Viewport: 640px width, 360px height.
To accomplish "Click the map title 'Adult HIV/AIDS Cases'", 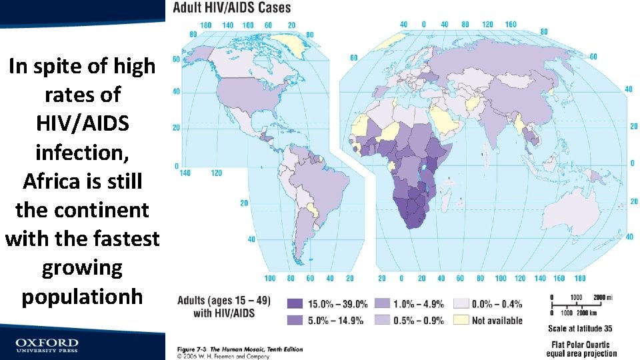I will click(232, 8).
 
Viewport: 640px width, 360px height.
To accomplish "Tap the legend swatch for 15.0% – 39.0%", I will click(295, 304).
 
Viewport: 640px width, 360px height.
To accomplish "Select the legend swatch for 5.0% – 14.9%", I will click(295, 320).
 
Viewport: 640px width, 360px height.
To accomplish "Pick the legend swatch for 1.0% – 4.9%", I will click(383, 304).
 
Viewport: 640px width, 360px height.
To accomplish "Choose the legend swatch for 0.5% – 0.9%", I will click(383, 320).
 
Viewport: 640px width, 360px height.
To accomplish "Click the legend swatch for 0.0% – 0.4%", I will click(461, 304).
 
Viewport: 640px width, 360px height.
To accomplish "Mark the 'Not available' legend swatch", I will click(461, 320).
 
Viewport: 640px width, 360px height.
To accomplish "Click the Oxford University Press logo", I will click(47, 345).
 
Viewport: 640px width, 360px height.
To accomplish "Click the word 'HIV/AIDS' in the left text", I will click(82, 124).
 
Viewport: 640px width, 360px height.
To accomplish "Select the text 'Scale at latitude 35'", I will click(579, 329).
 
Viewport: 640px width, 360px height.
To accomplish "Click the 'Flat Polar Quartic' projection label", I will click(582, 344).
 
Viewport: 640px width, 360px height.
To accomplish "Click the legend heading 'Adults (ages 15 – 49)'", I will click(224, 301).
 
